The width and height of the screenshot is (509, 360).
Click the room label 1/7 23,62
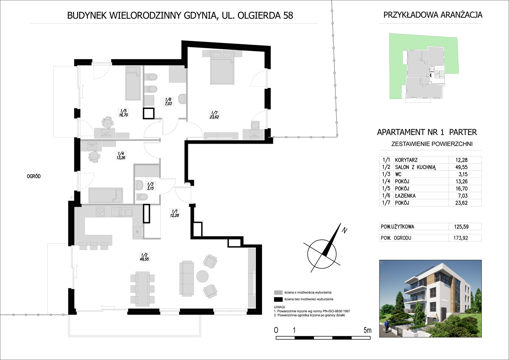click(x=215, y=115)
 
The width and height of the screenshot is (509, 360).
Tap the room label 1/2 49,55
click(x=144, y=257)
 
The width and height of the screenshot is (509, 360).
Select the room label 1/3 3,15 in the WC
click(x=150, y=186)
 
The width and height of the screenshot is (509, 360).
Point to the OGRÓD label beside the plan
click(x=33, y=176)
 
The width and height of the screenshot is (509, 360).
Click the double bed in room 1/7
click(x=222, y=67)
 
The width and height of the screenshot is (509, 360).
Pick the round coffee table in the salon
click(x=202, y=276)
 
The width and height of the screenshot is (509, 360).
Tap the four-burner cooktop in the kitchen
click(x=100, y=212)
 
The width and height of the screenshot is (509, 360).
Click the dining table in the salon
click(x=143, y=289)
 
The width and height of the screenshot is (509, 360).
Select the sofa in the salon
click(x=187, y=278)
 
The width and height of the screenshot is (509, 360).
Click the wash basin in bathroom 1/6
click(x=182, y=99)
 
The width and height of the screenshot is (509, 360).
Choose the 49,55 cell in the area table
click(x=461, y=167)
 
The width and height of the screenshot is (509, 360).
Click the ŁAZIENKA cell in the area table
click(x=405, y=195)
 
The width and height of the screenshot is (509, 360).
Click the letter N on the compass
click(x=344, y=230)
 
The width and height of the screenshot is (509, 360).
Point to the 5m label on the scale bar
click(x=368, y=330)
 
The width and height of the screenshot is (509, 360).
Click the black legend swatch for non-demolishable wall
click(x=278, y=299)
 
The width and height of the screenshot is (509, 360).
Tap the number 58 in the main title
click(x=288, y=15)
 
